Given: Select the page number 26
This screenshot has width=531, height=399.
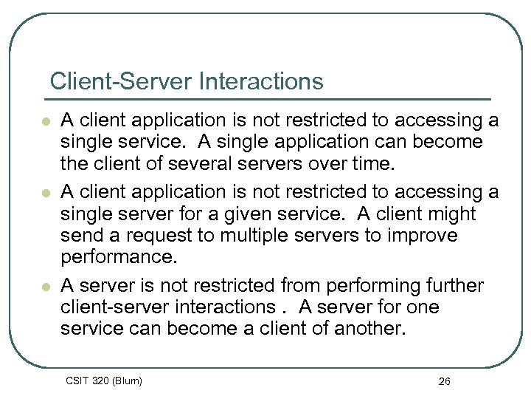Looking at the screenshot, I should click(x=444, y=381).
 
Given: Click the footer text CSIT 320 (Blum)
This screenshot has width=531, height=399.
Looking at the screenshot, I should click(x=103, y=381).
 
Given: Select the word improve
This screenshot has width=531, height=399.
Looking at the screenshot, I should click(x=421, y=236).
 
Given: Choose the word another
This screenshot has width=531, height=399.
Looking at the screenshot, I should click(x=366, y=329).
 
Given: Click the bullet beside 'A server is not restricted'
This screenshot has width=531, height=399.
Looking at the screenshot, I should click(x=46, y=287).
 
